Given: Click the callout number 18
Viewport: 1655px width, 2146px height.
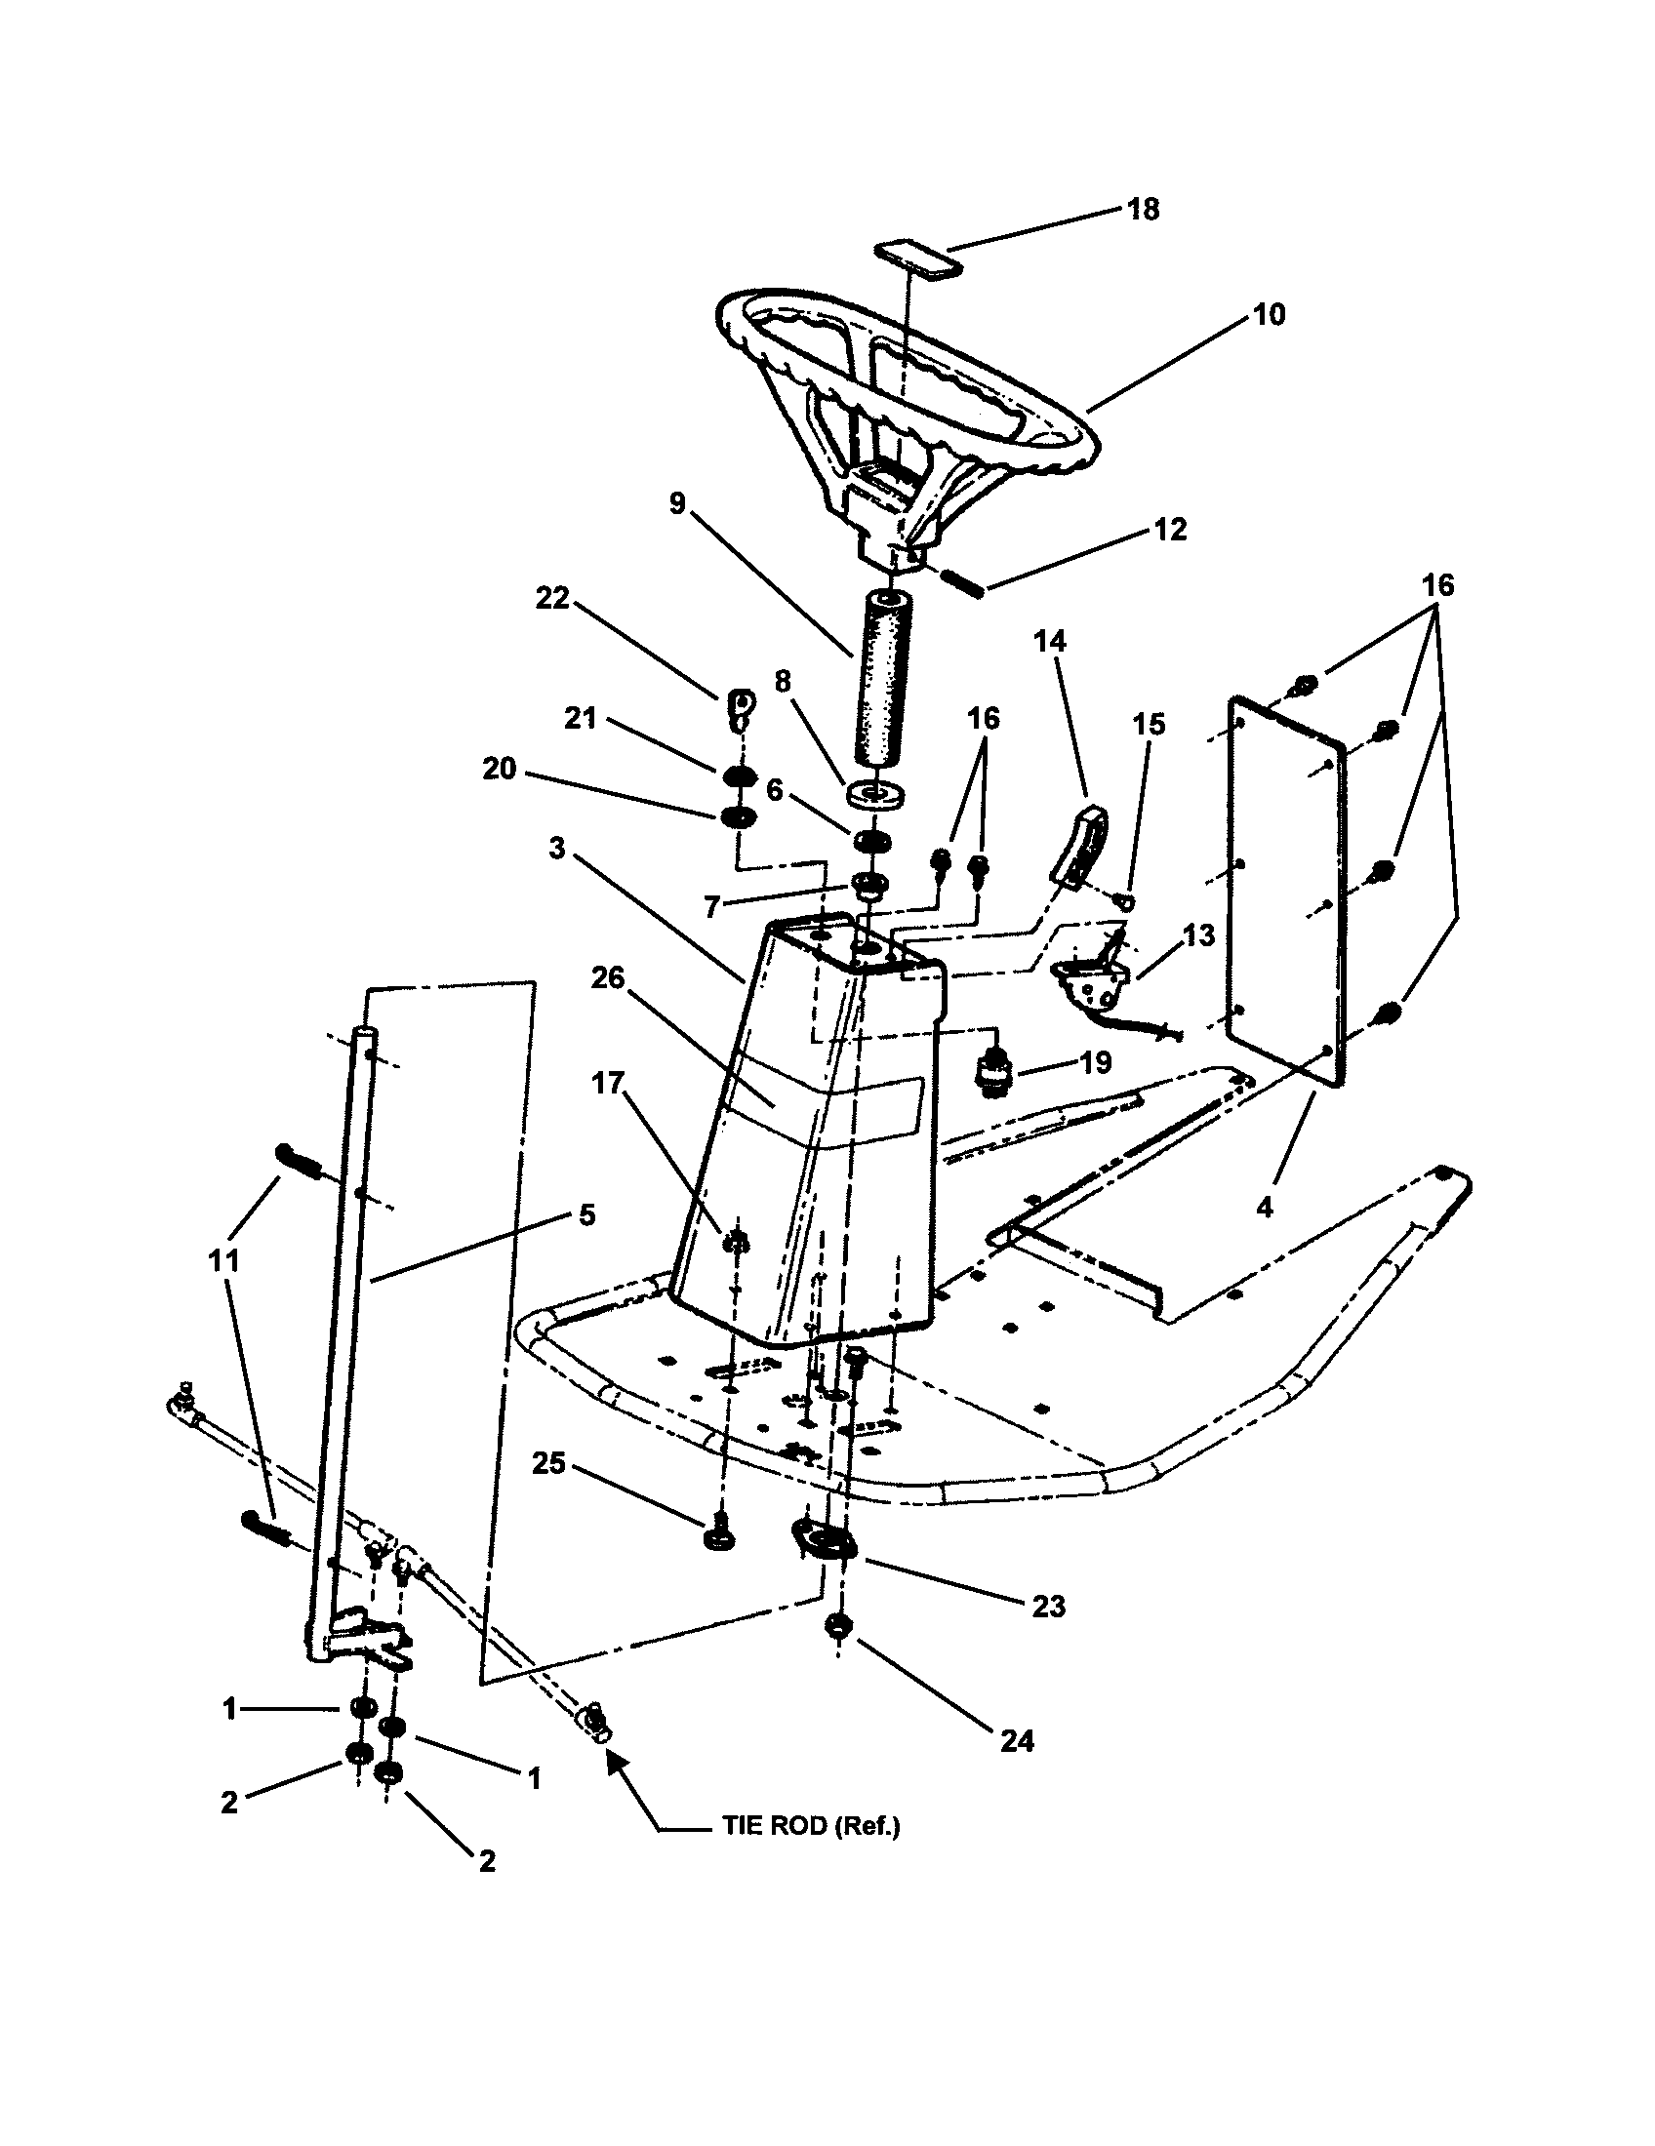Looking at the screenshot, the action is tap(1143, 210).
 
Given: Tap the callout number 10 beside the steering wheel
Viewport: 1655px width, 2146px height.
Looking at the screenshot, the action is tap(1269, 314).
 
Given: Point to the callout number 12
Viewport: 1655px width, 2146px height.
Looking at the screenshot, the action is tap(1169, 530).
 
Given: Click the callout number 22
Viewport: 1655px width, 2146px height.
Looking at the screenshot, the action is tap(552, 597).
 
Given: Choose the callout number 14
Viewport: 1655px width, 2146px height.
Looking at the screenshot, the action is tap(1050, 642).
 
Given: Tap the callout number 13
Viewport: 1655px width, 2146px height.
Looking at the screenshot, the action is tap(1198, 936).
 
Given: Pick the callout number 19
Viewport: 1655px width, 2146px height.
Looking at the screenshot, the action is tap(1097, 1062).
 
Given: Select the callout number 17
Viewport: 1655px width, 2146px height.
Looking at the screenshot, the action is tap(607, 1083).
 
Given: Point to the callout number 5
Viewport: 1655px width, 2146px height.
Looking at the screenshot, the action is tap(586, 1214).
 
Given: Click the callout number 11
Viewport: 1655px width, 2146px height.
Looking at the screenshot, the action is tap(224, 1259).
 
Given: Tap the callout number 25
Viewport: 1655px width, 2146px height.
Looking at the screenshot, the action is tap(549, 1490).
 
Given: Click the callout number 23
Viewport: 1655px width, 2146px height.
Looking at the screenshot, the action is tap(1049, 1607).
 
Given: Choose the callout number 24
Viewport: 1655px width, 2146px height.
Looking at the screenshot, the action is tap(1017, 1740).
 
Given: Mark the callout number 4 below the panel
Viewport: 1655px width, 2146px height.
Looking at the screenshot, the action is tap(1265, 1207).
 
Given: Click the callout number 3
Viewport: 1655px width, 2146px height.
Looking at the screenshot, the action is tap(557, 847).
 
